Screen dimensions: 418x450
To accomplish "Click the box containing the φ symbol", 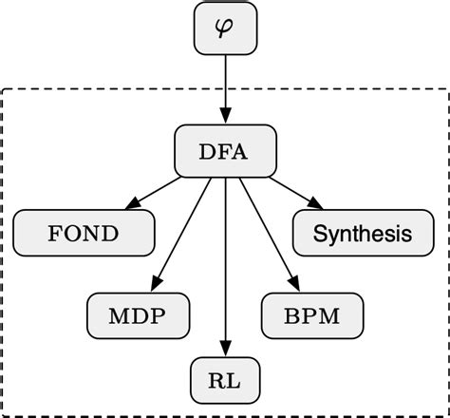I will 225,28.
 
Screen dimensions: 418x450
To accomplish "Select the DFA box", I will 225,148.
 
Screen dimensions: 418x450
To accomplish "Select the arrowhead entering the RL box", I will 225,348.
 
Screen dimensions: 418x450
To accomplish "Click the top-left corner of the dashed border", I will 5,91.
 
